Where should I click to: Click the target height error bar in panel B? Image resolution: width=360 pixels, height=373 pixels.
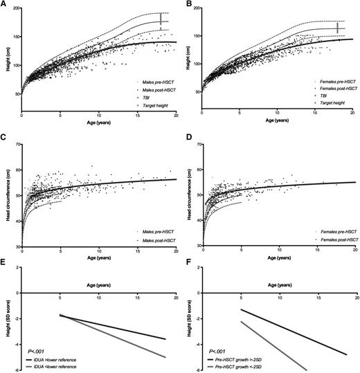pos(337,28)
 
